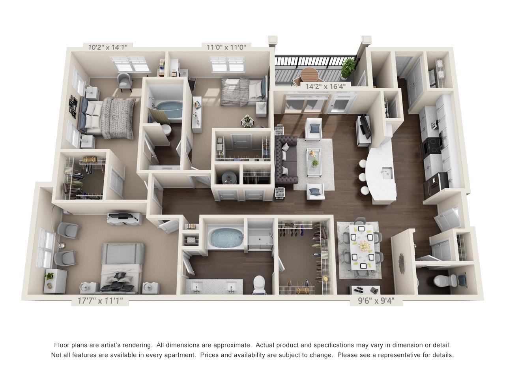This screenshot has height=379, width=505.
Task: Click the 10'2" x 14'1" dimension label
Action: pos(108,47)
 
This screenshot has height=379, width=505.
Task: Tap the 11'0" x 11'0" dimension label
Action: pos(226,47)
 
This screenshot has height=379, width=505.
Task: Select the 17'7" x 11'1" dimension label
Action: pos(100,301)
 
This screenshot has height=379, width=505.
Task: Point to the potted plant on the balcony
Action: pos(348,67)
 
